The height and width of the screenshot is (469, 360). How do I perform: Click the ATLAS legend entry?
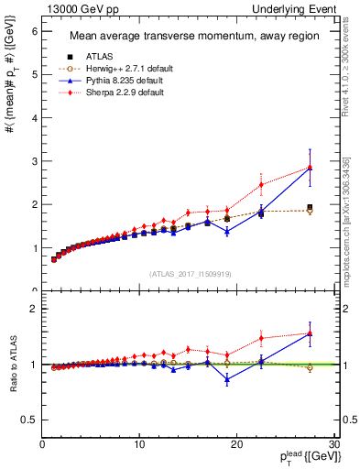[87, 58]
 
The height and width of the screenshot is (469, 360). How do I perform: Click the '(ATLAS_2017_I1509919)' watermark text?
[190, 273]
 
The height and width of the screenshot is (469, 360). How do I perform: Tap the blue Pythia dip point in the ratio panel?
[227, 379]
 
